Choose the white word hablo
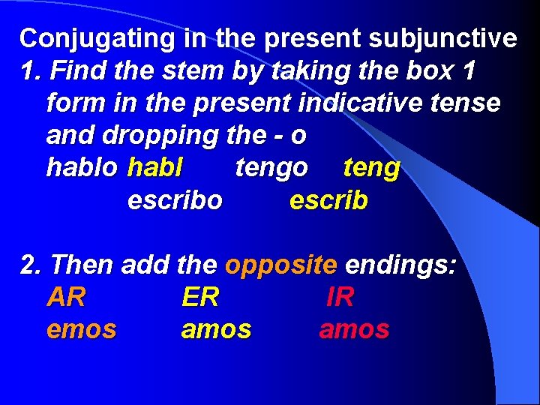pyautogui.click(x=82, y=167)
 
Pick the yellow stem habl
pyautogui.click(x=155, y=167)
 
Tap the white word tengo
pyautogui.click(x=271, y=167)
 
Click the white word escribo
pyautogui.click(x=175, y=200)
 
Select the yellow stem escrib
pyautogui.click(x=328, y=200)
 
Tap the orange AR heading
pyautogui.click(x=66, y=297)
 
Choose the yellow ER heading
pyautogui.click(x=200, y=297)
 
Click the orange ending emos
pyautogui.click(x=82, y=329)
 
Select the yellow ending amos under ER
pyautogui.click(x=217, y=329)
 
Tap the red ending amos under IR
pyautogui.click(x=354, y=329)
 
